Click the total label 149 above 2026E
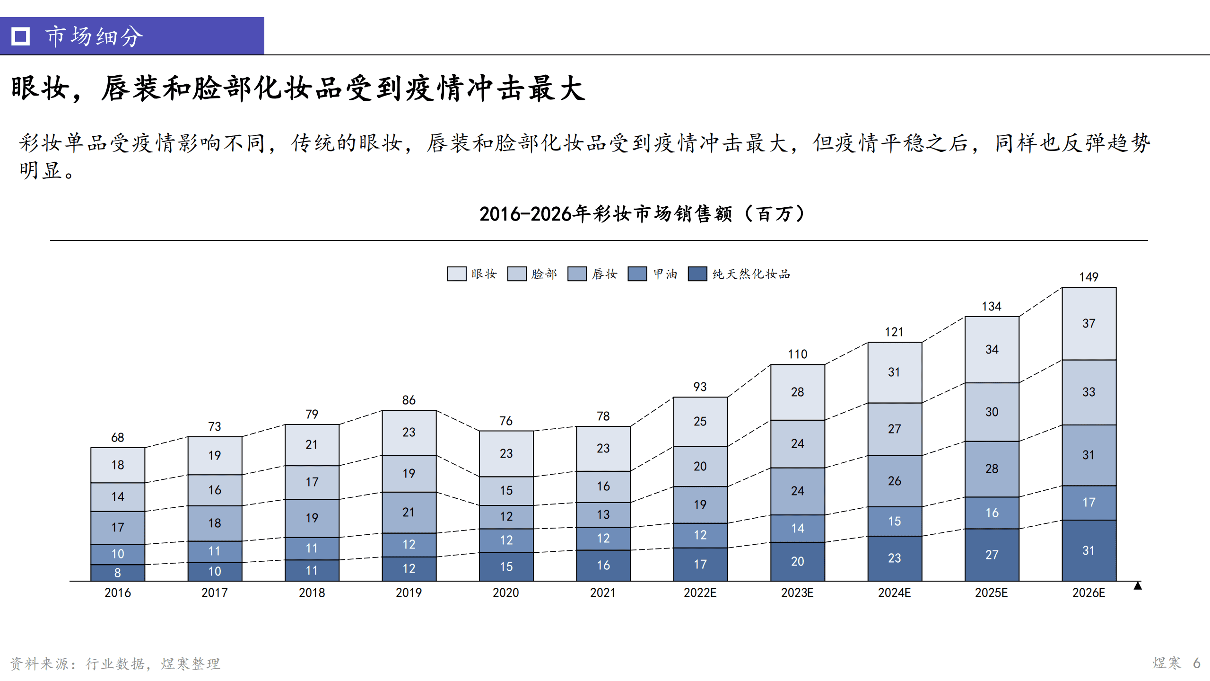(x=1088, y=277)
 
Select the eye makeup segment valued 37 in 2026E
(x=1088, y=323)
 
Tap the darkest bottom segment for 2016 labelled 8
(x=117, y=573)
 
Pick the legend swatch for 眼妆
(x=456, y=274)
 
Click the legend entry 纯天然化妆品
(x=751, y=274)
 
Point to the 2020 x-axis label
(x=505, y=593)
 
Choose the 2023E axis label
(x=797, y=593)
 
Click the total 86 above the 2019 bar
(x=409, y=400)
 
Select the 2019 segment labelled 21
(x=409, y=512)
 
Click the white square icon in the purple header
(x=20, y=36)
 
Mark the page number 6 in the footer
(x=1196, y=663)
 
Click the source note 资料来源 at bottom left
(x=115, y=663)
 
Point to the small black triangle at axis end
(x=1138, y=586)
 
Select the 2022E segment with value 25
(x=700, y=421)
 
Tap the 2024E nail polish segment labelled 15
(x=894, y=521)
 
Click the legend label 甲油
(x=665, y=274)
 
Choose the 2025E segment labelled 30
(x=992, y=412)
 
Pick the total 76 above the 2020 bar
(x=505, y=421)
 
